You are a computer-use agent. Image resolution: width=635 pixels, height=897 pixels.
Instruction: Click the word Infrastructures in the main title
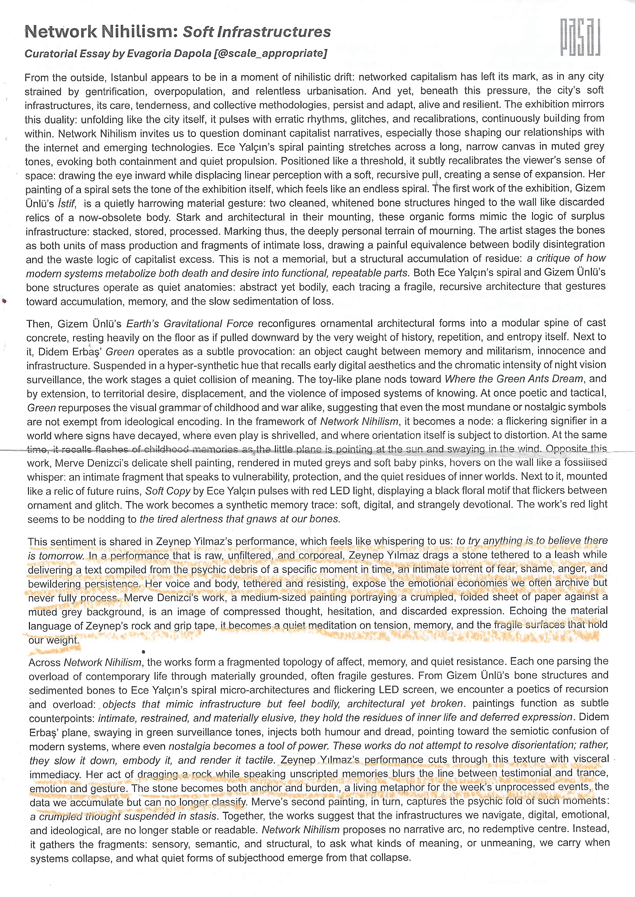coord(274,32)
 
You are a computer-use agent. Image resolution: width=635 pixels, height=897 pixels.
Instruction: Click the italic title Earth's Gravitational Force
coord(189,324)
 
